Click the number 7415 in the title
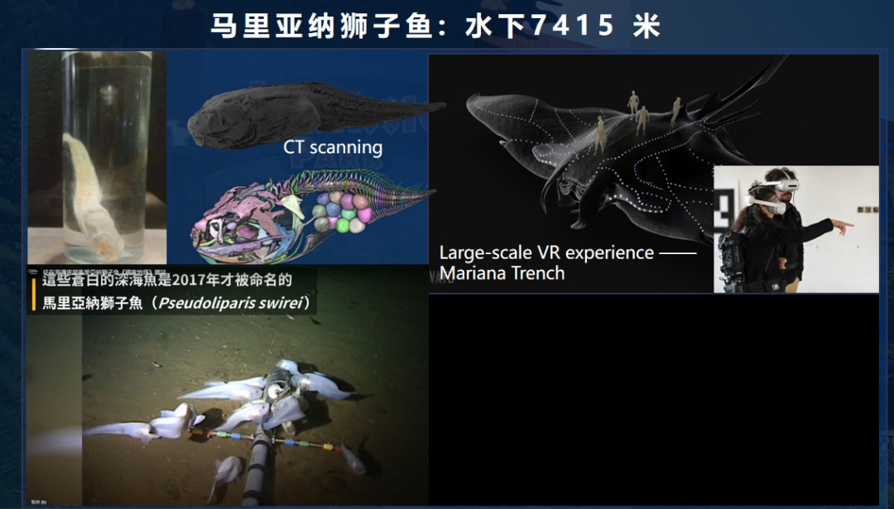(x=572, y=26)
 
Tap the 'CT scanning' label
(x=333, y=147)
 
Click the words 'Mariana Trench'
(x=502, y=273)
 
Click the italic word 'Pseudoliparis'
(x=214, y=304)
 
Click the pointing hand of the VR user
(x=842, y=224)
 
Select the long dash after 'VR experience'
(x=677, y=252)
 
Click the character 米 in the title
(x=646, y=26)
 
